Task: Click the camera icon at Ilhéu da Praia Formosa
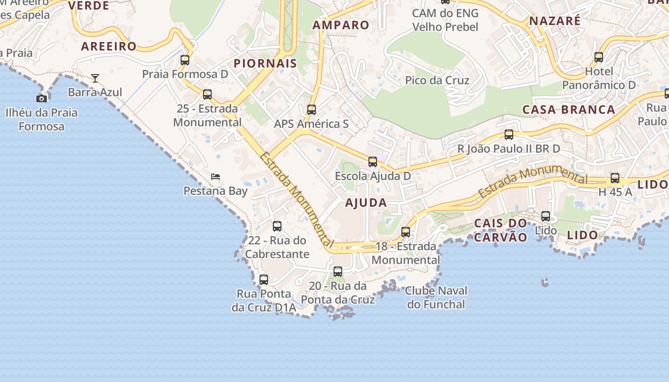[x=42, y=98]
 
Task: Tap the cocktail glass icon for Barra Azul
[x=95, y=78]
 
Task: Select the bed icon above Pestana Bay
[x=216, y=177]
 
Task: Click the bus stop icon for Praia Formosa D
[x=185, y=60]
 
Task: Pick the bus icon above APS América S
[x=312, y=110]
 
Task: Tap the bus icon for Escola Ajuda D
[x=373, y=162]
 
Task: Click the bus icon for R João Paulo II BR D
[x=509, y=135]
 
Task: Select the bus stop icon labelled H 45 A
[x=615, y=178]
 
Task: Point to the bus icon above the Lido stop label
[x=546, y=216]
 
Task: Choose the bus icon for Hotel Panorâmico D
[x=599, y=57]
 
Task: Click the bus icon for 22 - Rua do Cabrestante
[x=277, y=226]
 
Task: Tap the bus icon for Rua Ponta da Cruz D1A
[x=264, y=280]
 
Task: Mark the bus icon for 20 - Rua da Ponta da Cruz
[x=338, y=272]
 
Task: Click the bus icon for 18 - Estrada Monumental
[x=406, y=232]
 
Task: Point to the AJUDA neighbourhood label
[x=366, y=202]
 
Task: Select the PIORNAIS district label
[x=265, y=63]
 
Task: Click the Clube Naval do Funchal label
[x=436, y=297]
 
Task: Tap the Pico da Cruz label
[x=437, y=80]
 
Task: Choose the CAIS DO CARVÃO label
[x=500, y=230]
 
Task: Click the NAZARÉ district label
[x=555, y=21]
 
